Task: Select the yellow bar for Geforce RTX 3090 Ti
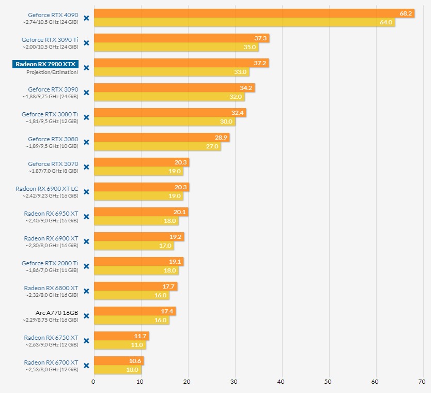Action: point(176,47)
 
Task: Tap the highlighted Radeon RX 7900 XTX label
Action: point(45,64)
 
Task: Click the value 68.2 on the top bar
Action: point(406,13)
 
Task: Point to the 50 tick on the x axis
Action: point(328,382)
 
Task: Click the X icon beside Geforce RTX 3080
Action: point(86,142)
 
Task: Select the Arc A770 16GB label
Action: point(57,313)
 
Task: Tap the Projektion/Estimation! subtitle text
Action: point(52,72)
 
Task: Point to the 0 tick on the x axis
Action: point(94,382)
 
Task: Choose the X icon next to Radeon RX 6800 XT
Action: point(86,291)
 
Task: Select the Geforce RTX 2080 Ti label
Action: point(50,263)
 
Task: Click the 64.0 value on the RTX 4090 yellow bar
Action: point(386,22)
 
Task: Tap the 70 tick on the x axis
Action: point(422,382)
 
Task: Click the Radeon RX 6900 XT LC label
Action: point(47,189)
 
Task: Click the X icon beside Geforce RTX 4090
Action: point(86,18)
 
